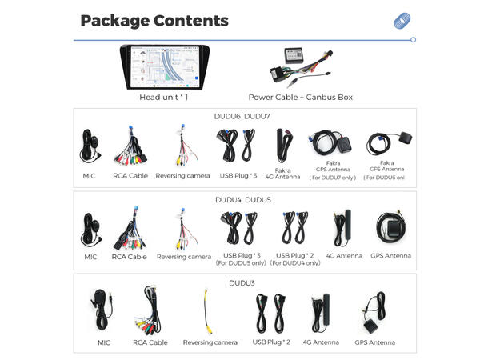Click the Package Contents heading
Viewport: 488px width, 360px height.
click(x=154, y=21)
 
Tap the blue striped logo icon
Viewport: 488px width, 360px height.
click(x=402, y=21)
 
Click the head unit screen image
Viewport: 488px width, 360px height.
click(x=165, y=67)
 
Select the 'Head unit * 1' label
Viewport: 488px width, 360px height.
click(x=164, y=98)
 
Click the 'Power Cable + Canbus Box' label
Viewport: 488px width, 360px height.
click(x=300, y=98)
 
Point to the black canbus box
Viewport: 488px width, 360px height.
click(x=293, y=56)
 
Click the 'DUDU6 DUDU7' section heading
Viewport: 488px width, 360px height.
click(x=242, y=116)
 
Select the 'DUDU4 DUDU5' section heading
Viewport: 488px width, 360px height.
click(x=242, y=200)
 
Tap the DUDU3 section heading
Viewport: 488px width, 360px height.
click(x=242, y=283)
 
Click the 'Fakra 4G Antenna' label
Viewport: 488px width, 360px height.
click(x=282, y=174)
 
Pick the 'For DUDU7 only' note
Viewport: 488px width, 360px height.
click(x=332, y=178)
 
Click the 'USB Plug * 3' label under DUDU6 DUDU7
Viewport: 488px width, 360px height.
click(x=238, y=176)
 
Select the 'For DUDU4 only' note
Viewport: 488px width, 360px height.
click(x=295, y=263)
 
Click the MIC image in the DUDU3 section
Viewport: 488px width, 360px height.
click(x=102, y=310)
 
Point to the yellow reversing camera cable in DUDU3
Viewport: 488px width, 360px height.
click(x=207, y=311)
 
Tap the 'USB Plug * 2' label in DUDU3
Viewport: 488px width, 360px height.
click(x=271, y=342)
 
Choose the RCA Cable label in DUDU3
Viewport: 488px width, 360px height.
click(x=150, y=342)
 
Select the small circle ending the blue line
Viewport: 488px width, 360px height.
click(x=413, y=40)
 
